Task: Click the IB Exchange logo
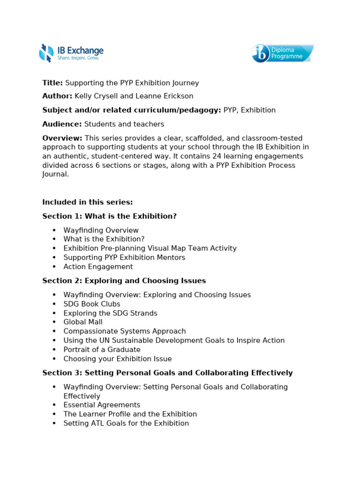(71, 53)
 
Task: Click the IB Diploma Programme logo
(282, 53)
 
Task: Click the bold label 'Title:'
(52, 83)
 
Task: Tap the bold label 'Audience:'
(62, 124)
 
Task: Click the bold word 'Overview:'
(62, 138)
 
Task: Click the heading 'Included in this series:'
(88, 202)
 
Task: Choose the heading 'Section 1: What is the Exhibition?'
(109, 216)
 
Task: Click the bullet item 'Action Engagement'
(98, 267)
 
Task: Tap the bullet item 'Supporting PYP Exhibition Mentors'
(124, 257)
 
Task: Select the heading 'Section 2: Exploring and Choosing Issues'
(124, 281)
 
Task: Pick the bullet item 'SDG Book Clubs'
(92, 304)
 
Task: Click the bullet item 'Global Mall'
(83, 322)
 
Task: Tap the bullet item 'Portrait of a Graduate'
(102, 349)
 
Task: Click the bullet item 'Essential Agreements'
(102, 405)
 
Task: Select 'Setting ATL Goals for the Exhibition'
(126, 423)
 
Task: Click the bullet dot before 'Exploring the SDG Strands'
(54, 313)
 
